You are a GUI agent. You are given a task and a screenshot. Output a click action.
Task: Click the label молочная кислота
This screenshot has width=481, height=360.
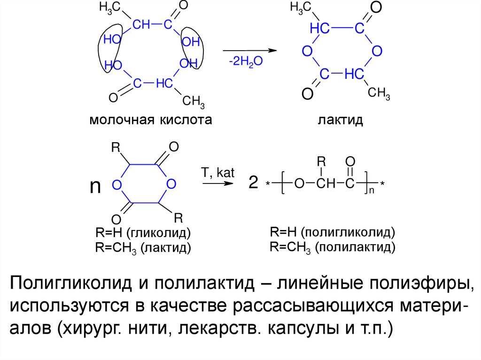tap(150, 120)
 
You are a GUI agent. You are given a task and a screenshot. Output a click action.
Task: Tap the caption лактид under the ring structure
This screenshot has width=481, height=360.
tap(341, 120)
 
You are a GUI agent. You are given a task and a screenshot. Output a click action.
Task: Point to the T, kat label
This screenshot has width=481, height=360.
tap(217, 172)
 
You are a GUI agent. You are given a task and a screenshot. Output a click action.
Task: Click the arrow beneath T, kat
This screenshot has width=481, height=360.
tap(217, 184)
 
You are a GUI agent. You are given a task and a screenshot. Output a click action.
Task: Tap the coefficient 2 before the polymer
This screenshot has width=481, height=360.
tap(253, 184)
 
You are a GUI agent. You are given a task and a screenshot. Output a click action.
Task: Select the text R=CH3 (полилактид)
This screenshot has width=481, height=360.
tap(333, 247)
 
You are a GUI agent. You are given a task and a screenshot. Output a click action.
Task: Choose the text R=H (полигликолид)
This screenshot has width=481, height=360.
tap(333, 232)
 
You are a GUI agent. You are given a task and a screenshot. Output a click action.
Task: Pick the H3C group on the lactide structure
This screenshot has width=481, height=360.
tap(300, 8)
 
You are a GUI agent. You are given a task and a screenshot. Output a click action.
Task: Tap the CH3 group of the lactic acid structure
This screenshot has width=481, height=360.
tap(193, 100)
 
